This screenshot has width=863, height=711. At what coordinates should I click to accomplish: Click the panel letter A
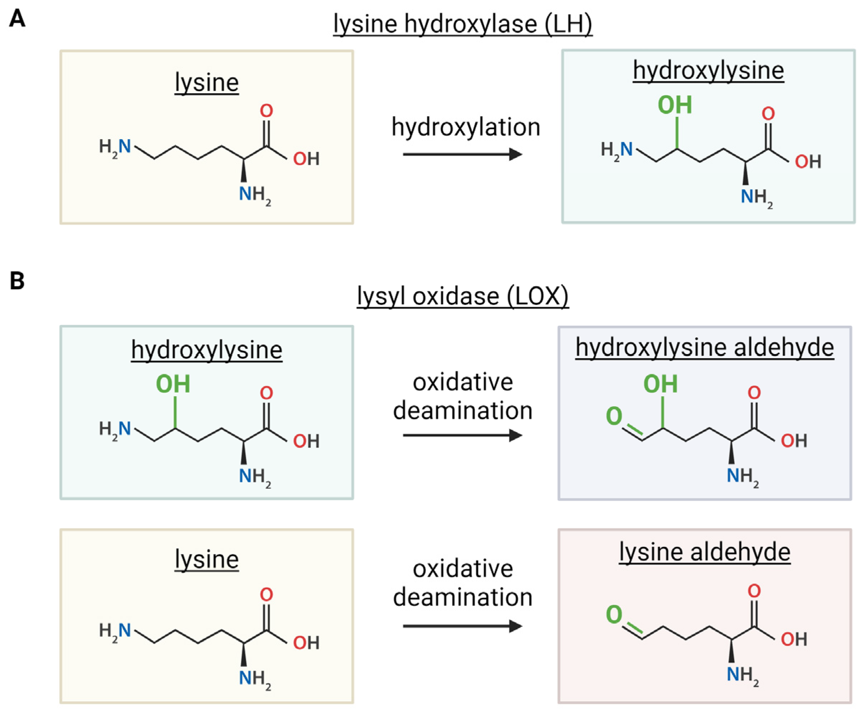tap(17, 19)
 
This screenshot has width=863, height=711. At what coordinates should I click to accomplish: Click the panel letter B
tap(17, 281)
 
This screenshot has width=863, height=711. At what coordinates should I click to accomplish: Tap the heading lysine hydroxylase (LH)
tap(463, 24)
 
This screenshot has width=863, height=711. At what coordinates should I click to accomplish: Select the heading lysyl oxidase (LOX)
tap(463, 296)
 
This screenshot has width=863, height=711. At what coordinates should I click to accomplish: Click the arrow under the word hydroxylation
tap(463, 154)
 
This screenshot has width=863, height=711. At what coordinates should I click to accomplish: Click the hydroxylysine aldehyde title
tap(704, 348)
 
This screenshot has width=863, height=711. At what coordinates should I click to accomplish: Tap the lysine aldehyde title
tap(704, 552)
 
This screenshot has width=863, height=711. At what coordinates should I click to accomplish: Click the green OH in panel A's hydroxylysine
tap(675, 105)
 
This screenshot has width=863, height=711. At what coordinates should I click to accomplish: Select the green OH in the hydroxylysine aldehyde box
tap(660, 384)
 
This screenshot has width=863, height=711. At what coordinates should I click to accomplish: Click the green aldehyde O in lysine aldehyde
tap(614, 614)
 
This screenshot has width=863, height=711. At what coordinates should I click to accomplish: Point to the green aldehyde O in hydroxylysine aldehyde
tap(614, 416)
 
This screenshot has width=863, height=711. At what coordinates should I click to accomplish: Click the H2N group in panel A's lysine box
tap(115, 147)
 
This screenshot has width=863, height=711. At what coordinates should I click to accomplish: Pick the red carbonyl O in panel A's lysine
tap(266, 110)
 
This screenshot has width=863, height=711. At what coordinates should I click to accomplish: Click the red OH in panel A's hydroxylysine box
tap(808, 162)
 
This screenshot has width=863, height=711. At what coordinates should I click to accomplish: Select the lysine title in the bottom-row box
tap(207, 559)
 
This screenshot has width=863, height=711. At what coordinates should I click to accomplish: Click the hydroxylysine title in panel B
tap(207, 350)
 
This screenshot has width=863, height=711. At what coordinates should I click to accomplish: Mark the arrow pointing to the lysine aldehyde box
tap(463, 626)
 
